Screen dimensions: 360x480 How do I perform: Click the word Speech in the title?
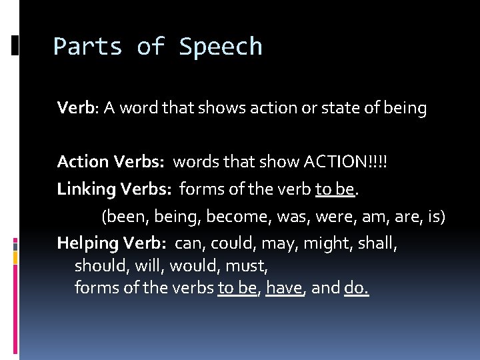221,47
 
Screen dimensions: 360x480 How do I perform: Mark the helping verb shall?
377,243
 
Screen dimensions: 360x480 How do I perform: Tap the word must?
247,266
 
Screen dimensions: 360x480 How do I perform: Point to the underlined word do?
355,288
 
